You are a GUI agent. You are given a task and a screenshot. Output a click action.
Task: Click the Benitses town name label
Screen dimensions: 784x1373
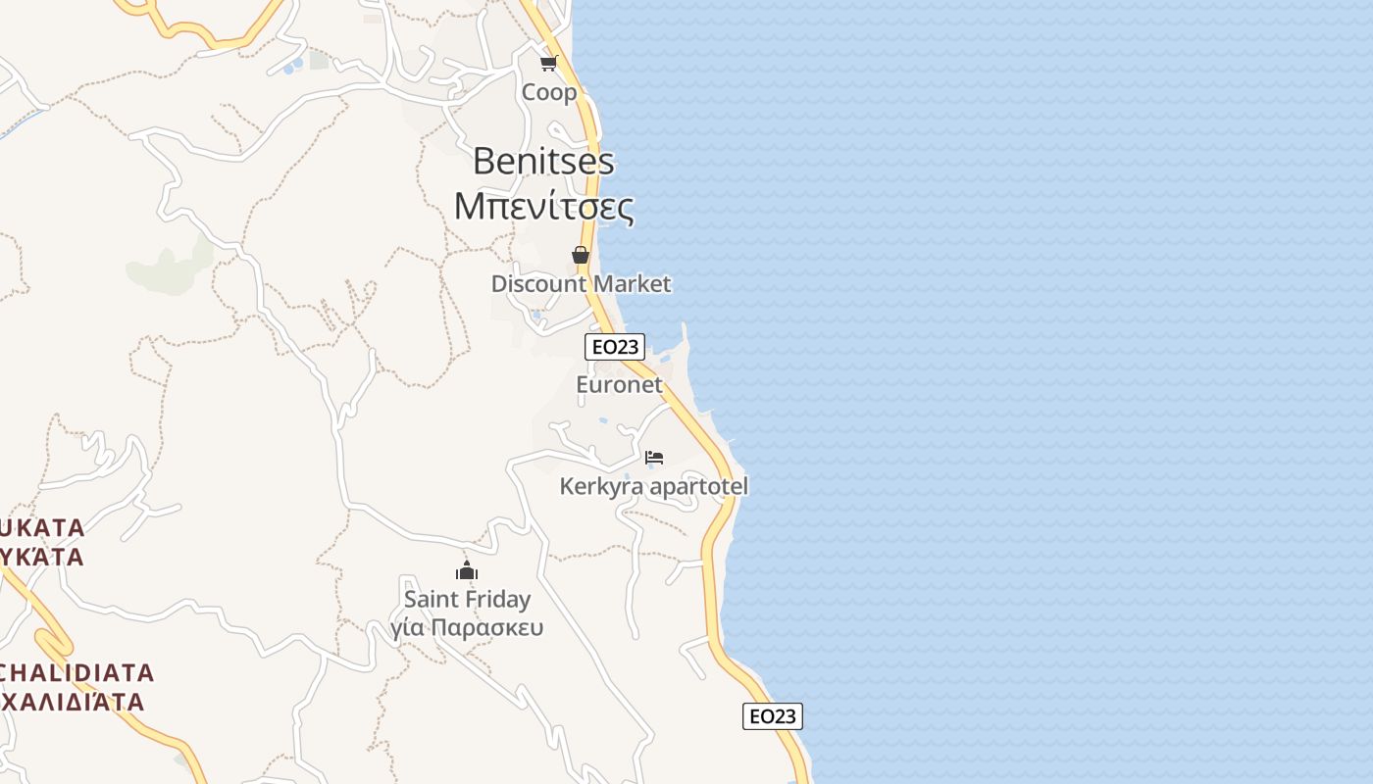[x=543, y=161]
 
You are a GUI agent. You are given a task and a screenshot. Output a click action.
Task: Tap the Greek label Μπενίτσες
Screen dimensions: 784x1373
[x=543, y=206]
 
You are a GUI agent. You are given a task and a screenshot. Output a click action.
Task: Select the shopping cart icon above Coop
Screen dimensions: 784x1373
[x=548, y=64]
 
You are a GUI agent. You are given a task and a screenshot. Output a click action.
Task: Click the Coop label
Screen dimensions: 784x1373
[x=549, y=92]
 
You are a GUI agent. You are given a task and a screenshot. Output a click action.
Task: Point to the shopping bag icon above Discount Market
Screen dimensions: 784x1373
[x=581, y=255]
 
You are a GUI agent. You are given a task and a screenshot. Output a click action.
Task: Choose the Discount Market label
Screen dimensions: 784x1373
[x=581, y=284]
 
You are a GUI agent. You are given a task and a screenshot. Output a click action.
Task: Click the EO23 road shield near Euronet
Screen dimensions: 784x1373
[x=614, y=346]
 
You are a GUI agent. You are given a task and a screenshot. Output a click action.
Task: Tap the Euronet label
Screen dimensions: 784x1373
[x=619, y=385]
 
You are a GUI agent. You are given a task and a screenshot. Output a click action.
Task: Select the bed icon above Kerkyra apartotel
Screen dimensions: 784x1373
[x=654, y=457]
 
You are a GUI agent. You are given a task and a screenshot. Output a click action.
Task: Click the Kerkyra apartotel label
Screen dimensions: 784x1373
[x=653, y=486]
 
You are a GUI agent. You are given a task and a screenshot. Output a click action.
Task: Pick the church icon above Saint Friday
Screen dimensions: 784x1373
[x=467, y=570]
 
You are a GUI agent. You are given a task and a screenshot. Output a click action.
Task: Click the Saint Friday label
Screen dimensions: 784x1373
[x=467, y=599]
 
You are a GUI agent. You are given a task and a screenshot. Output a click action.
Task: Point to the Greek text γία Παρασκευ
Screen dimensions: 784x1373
[x=467, y=627]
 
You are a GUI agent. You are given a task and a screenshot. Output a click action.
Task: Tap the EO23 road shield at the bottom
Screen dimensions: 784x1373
[x=772, y=716]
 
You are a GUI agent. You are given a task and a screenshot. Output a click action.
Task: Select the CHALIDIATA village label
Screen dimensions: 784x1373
[x=76, y=673]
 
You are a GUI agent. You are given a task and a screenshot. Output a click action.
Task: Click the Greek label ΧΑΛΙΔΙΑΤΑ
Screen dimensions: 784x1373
[x=73, y=702]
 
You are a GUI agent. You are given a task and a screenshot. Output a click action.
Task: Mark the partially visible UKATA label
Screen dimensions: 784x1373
[x=43, y=528]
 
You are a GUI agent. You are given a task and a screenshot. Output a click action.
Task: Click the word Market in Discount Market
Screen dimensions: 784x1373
[x=633, y=284]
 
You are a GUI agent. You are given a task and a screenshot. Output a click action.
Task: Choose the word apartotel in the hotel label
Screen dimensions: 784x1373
[x=696, y=486]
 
